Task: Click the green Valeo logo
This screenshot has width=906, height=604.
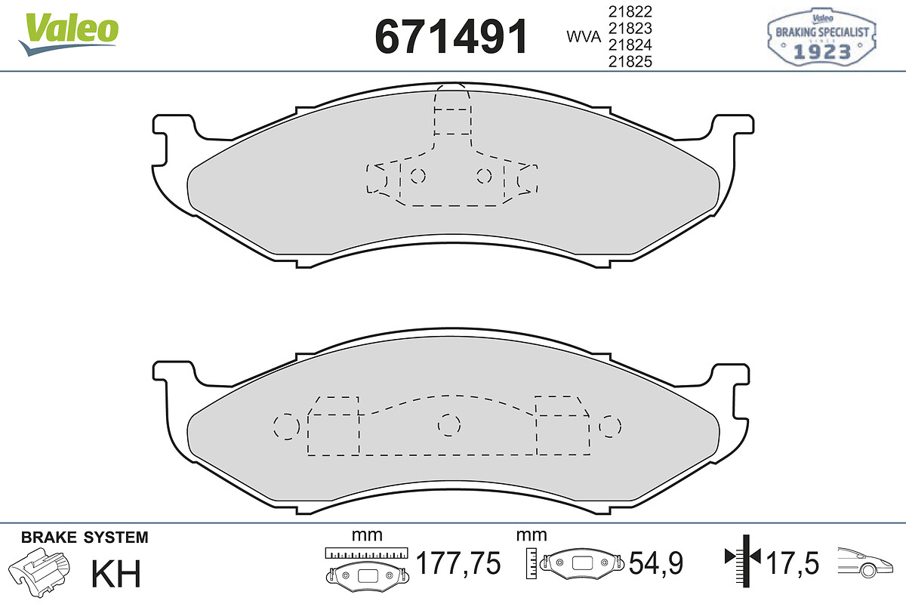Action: (69, 33)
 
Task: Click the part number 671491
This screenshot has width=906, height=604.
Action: (451, 37)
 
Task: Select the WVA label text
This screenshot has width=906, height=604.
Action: (584, 37)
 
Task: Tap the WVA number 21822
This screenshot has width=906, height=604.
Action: (630, 12)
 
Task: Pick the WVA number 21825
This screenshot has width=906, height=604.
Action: (630, 61)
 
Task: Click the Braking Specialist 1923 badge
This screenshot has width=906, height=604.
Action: (821, 37)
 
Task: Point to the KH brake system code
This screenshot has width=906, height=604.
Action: (116, 573)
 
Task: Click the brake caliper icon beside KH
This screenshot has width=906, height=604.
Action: (39, 572)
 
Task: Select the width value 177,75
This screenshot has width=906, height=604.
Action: (458, 562)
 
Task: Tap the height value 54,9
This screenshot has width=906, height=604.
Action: (655, 562)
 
